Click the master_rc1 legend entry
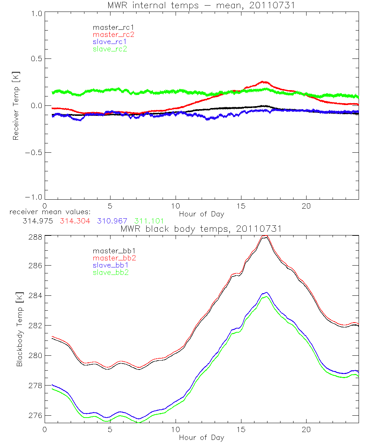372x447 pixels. click(110, 27)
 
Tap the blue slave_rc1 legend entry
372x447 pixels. click(110, 42)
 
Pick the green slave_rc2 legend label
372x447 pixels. click(110, 49)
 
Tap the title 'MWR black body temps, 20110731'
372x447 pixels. click(201, 229)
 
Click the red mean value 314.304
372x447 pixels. click(73, 221)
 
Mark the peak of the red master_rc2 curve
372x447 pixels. click(264, 81)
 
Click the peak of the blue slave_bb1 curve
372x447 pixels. click(266, 292)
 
